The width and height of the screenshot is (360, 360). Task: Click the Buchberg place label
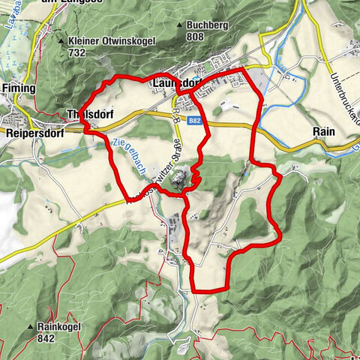(206, 25)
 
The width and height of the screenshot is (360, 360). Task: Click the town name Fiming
(19, 88)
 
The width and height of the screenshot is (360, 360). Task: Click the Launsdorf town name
(177, 82)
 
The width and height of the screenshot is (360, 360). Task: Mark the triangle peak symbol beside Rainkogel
(30, 328)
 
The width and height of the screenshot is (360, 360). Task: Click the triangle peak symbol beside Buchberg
(179, 25)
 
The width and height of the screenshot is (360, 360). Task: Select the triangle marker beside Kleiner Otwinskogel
(61, 41)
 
